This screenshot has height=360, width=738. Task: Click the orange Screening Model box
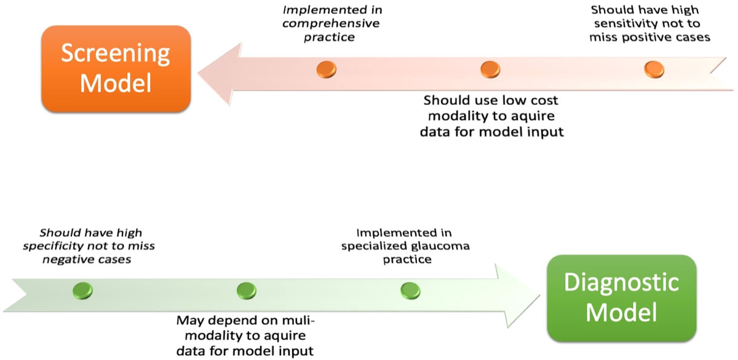coord(116,69)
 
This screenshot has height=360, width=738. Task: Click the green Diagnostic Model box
coord(621,298)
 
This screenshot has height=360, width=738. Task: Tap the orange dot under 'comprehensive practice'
coord(327,69)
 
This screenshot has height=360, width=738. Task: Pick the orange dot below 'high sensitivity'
coord(654,69)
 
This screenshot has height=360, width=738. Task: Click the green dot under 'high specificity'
coord(82,290)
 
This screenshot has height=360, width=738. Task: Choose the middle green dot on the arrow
coord(246,290)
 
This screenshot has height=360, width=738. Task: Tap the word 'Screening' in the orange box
coord(116,54)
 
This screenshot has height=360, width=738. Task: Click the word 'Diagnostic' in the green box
coord(621,282)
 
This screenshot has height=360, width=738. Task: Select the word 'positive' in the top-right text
coord(654,37)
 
